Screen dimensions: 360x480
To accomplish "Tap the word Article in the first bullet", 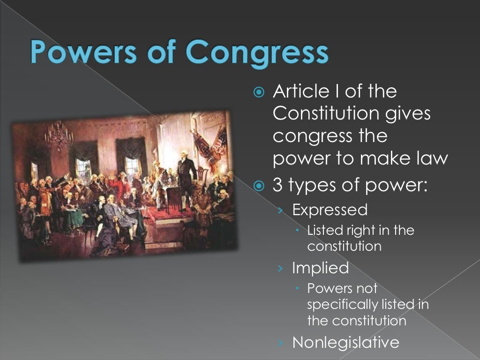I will coord(300,91).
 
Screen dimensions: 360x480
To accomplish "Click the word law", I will coord(432,158).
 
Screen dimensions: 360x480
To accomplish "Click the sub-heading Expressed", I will coord(330,210).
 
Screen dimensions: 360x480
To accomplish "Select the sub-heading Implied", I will coord(321,268).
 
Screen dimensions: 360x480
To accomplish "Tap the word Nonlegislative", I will coord(346,342).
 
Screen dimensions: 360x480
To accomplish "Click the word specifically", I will coord(342,305).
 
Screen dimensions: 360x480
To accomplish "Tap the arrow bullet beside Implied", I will coord(280,268).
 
